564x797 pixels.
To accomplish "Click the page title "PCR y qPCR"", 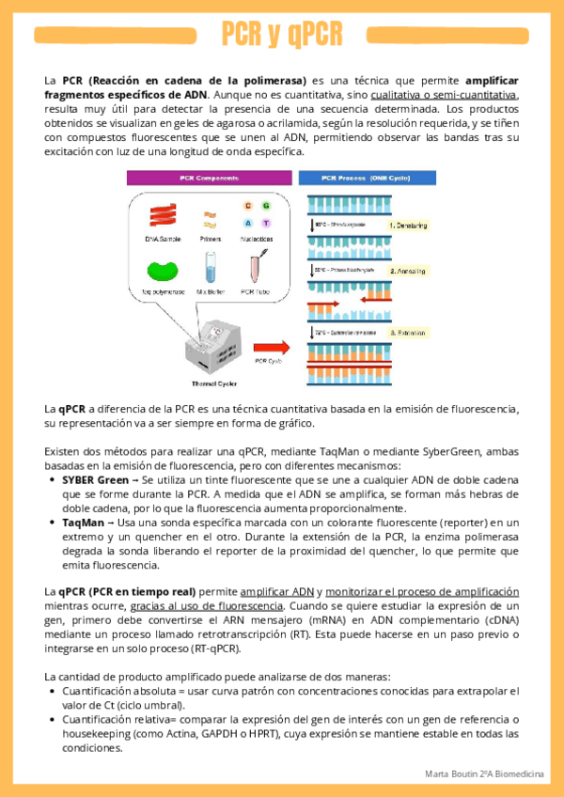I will click(282, 36).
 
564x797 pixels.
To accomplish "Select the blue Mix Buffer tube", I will click(210, 269).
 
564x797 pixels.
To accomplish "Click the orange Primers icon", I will click(211, 219).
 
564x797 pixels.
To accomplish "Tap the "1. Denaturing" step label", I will click(407, 226).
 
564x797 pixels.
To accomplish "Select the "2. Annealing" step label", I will click(407, 271).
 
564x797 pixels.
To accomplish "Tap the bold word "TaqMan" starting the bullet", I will click(86, 522).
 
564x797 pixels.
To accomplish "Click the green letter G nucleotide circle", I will click(265, 205).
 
